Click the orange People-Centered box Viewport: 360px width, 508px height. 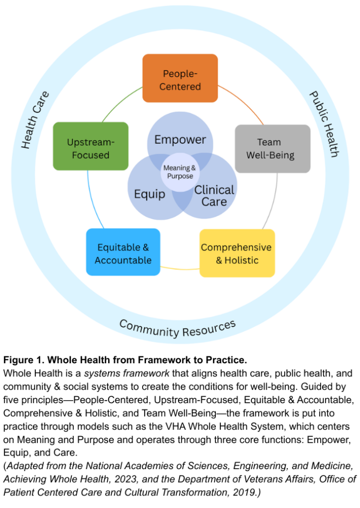coord(180,78)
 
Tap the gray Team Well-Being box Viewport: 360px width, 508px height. coord(272,148)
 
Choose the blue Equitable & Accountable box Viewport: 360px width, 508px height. coord(123,253)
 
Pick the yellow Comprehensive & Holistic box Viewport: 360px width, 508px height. coord(237,253)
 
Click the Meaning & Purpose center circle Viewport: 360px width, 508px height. coord(180,172)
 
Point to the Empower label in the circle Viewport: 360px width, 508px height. coord(180,139)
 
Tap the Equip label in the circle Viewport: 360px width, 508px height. coord(149,194)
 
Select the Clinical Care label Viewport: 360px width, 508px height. coord(214,196)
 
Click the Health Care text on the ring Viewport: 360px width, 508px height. coord(35,120)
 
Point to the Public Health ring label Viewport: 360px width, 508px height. coord(324,124)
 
